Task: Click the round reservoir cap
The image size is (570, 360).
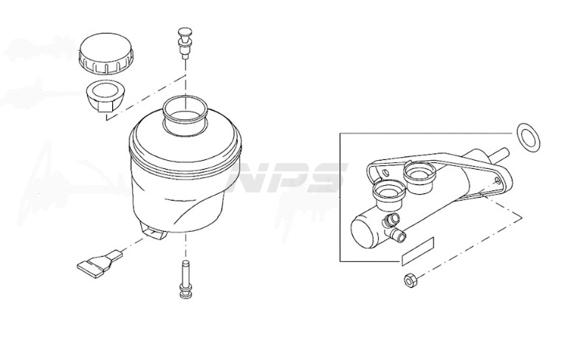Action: point(106,54)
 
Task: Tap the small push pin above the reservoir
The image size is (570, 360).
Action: point(186,41)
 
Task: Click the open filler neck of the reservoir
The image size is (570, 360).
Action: point(185,115)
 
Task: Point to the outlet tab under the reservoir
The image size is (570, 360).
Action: point(154,231)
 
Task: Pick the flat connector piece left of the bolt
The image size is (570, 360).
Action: point(99,263)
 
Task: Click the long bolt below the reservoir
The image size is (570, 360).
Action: point(186,280)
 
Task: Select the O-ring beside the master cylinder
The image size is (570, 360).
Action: point(528,137)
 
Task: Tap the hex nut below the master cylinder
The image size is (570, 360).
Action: point(411,280)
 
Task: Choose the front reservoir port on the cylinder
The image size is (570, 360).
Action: point(388,195)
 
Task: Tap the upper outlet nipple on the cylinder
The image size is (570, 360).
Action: point(391,219)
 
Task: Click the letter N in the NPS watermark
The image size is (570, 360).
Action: point(250,178)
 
